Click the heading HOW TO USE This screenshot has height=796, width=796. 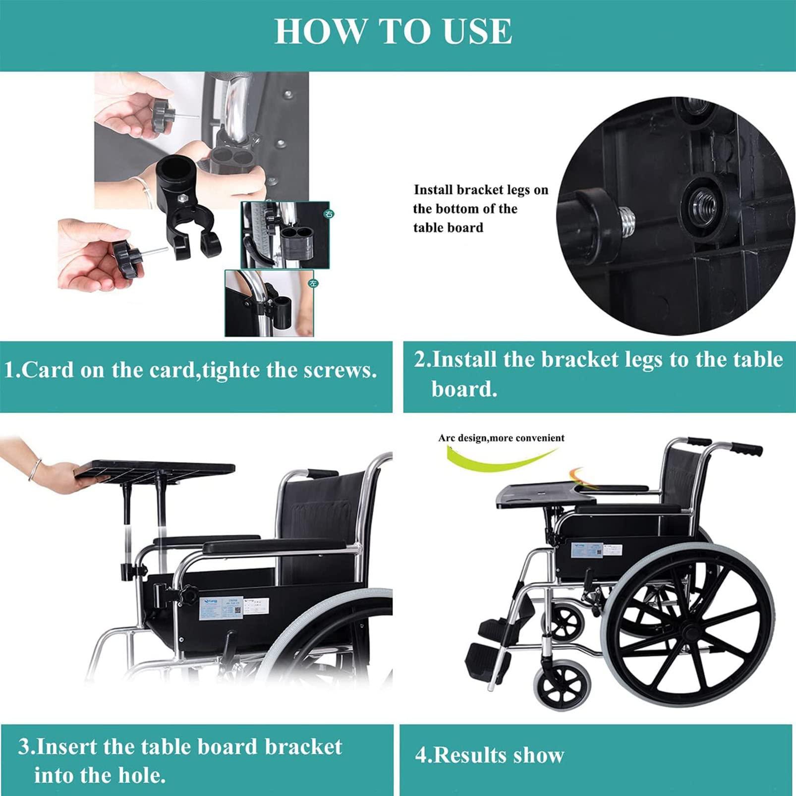(393, 31)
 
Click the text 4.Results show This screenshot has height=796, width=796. (489, 755)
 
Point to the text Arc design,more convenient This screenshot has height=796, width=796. (501, 438)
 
